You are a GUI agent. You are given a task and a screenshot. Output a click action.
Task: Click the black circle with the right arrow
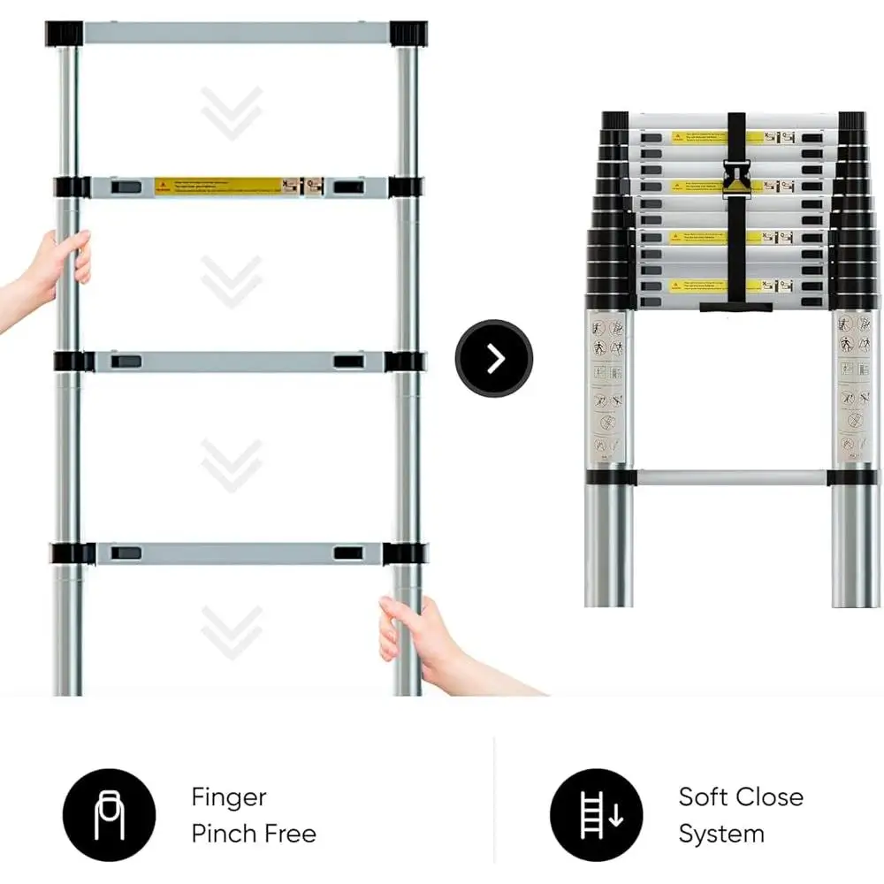point(494,359)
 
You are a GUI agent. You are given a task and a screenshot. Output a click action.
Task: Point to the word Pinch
point(224,834)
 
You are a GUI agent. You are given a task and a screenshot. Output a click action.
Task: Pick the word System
point(721,834)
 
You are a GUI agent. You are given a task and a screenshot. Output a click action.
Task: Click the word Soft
point(705,797)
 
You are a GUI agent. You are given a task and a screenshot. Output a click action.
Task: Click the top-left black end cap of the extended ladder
point(64,34)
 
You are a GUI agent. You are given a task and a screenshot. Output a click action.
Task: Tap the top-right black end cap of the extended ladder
point(408,34)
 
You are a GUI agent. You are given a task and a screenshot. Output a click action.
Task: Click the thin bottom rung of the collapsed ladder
point(730,477)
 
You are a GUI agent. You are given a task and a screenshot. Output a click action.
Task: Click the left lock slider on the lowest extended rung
point(125,552)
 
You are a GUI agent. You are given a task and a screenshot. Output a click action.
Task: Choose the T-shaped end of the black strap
point(736,308)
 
